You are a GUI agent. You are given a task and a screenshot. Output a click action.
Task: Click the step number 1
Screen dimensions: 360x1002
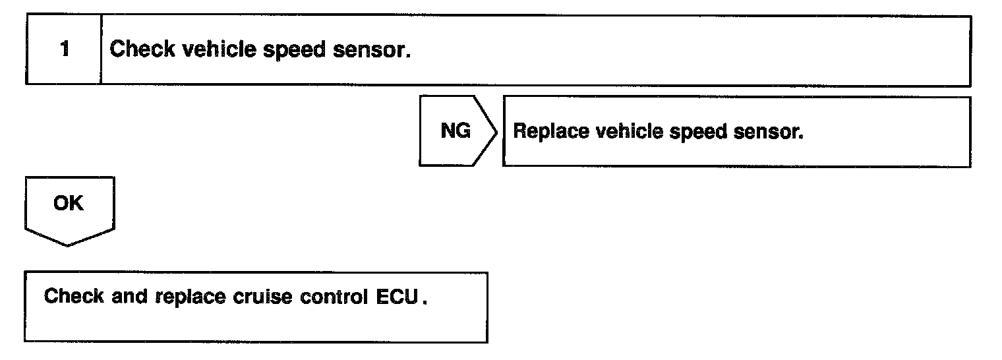(x=64, y=51)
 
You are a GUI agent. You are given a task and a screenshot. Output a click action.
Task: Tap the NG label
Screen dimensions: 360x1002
(x=455, y=132)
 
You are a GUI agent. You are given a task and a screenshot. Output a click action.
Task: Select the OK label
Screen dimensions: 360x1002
(x=69, y=204)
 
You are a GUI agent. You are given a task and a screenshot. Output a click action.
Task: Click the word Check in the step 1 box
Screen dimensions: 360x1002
(x=134, y=51)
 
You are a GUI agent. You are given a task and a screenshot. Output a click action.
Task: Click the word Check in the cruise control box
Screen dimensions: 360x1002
(x=65, y=296)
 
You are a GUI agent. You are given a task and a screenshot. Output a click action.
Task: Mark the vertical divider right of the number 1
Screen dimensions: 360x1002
(x=102, y=51)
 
